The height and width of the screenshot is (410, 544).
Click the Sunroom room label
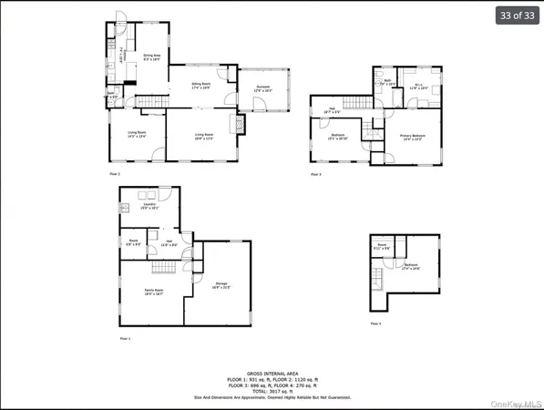tap(262, 88)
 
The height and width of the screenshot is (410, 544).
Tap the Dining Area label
tap(151, 57)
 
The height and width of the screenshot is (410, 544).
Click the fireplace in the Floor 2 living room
tap(241, 124)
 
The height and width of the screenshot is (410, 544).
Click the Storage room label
tap(221, 285)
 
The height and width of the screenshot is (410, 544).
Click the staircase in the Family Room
tap(164, 267)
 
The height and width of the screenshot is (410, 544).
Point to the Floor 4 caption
tap(375, 323)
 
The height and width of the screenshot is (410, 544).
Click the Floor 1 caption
tap(126, 338)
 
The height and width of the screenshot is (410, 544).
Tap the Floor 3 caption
tap(315, 173)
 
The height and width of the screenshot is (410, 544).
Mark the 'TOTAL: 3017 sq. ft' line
tap(272, 390)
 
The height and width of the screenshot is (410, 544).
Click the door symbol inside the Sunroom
tap(258, 104)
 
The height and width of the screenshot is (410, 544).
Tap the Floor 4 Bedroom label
tap(411, 268)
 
